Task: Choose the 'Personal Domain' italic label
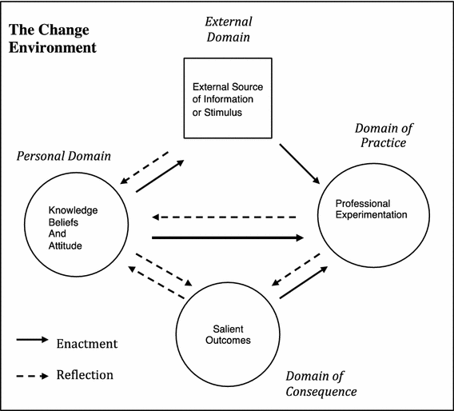63,155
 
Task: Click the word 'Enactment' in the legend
87,344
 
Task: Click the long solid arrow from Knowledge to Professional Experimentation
228,237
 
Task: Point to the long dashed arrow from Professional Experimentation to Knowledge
225,217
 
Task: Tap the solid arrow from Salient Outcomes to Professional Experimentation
304,282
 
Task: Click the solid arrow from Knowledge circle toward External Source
161,176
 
